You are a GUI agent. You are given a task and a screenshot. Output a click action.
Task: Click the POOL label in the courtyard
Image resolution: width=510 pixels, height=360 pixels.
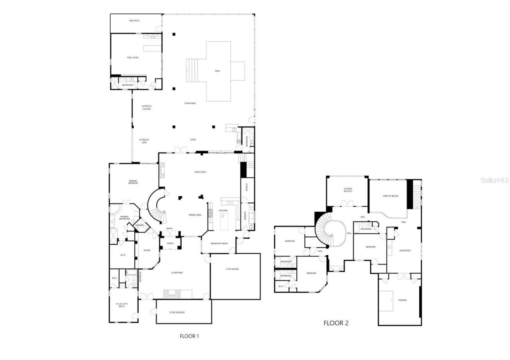(217, 71)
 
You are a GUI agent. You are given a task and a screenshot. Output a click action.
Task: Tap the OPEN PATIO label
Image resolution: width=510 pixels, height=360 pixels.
(134, 20)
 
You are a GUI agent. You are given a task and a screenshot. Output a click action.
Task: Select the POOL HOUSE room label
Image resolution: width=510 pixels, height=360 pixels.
(133, 58)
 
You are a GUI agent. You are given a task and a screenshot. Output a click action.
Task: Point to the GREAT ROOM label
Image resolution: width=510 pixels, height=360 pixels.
(200, 172)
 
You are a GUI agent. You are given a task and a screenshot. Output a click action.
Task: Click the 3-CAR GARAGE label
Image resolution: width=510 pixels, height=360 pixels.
(232, 270)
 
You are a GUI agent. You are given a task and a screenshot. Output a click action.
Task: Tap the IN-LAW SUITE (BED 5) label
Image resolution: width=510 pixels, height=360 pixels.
(122, 305)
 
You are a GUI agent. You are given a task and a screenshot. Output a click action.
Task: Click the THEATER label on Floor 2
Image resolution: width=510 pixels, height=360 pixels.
(402, 300)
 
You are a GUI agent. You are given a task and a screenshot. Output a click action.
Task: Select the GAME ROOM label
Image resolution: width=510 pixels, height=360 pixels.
(405, 250)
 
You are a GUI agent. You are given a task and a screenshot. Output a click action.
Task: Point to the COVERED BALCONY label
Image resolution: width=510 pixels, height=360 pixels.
(348, 190)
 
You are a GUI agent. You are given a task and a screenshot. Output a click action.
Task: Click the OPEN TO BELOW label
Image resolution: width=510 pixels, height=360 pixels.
(390, 196)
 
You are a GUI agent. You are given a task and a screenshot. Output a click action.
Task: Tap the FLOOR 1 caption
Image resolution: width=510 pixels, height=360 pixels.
(189, 336)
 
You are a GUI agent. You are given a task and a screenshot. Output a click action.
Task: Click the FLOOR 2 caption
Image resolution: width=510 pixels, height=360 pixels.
(336, 323)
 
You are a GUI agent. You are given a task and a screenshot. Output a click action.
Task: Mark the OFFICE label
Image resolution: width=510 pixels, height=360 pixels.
(147, 250)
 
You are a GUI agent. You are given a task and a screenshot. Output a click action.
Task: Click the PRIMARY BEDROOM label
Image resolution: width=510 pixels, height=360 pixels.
(133, 182)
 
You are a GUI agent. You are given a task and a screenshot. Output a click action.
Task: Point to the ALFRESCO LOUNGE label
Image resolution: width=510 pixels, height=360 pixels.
(147, 107)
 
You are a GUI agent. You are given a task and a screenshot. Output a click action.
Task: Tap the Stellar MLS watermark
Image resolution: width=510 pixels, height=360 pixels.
(494, 180)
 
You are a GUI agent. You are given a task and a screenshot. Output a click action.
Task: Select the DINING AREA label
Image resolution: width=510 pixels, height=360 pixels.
(195, 215)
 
